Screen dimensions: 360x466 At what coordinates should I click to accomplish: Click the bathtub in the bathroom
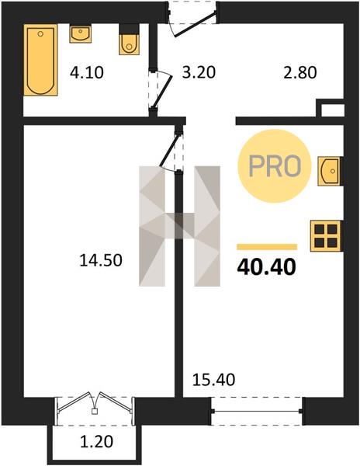click(40, 60)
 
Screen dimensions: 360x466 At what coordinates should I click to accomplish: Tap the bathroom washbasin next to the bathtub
click(81, 34)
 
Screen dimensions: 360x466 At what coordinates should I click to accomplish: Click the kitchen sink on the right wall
click(329, 172)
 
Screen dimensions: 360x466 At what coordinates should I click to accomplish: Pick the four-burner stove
click(326, 236)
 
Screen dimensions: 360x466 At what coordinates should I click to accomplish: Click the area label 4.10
click(87, 73)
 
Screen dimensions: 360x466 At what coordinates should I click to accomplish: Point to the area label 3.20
click(199, 72)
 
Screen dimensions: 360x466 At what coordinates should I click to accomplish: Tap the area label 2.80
click(300, 73)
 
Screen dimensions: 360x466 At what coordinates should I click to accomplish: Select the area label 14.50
click(101, 260)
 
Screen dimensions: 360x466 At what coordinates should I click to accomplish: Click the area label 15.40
click(213, 380)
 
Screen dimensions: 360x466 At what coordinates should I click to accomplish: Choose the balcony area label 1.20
click(97, 441)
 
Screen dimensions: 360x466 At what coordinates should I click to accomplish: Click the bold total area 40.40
click(267, 266)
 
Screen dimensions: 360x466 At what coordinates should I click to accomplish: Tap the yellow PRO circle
click(274, 166)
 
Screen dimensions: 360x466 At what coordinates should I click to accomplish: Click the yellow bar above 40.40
click(267, 247)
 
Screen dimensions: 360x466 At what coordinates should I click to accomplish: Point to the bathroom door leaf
click(163, 90)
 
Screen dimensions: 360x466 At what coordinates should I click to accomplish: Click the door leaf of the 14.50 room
click(170, 149)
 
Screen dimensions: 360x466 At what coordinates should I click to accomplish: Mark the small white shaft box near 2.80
click(333, 110)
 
